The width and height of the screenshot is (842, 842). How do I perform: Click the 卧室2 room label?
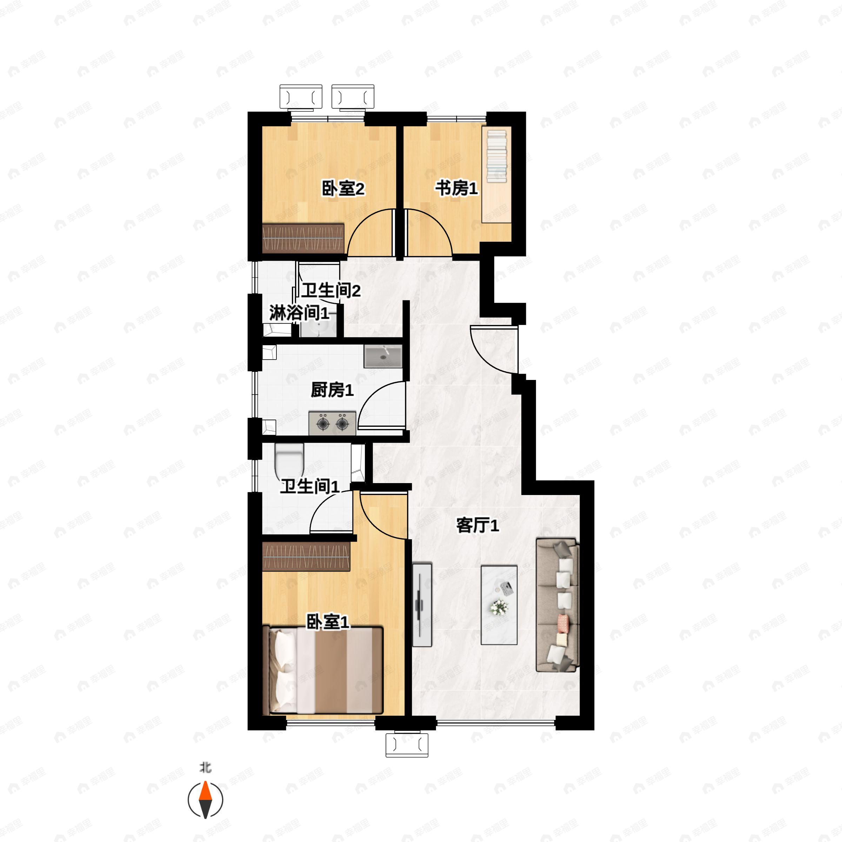click(x=343, y=189)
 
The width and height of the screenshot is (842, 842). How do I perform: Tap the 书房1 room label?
click(x=456, y=189)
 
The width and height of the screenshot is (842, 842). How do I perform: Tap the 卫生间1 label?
click(x=309, y=486)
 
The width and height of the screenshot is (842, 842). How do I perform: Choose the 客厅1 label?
click(x=477, y=526)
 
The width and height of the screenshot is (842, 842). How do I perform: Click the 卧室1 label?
click(x=328, y=622)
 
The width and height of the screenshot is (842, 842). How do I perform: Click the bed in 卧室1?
click(x=326, y=671)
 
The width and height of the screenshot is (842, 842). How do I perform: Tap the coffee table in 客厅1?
click(x=499, y=605)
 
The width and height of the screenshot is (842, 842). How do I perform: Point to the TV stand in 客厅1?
click(x=422, y=605)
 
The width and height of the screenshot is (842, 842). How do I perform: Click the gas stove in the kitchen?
click(x=332, y=423)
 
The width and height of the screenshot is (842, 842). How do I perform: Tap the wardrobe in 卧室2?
click(x=303, y=239)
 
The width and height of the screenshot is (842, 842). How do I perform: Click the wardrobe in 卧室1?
click(x=306, y=556)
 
